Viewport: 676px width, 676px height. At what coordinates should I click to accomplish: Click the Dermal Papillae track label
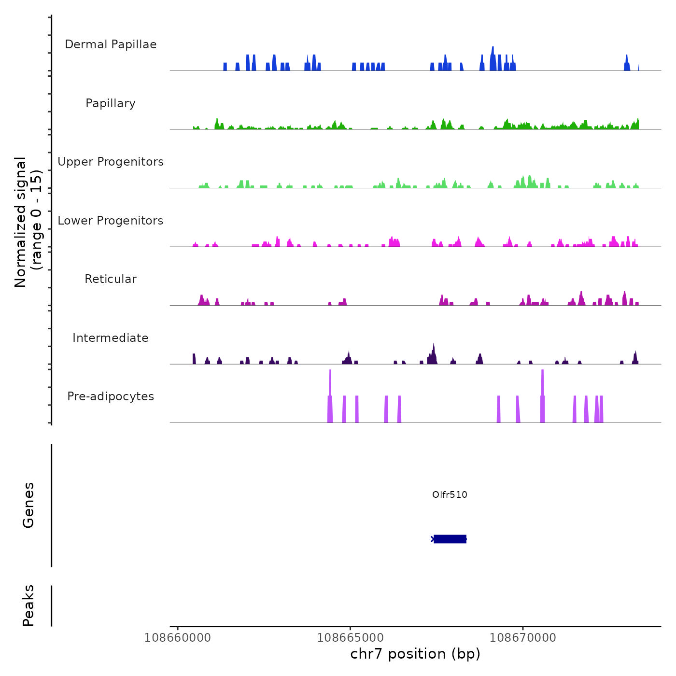point(111,44)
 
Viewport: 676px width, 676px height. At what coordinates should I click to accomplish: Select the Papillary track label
point(111,103)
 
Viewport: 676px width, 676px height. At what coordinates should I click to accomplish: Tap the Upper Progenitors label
point(111,162)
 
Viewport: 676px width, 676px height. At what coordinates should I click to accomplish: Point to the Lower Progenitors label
point(111,221)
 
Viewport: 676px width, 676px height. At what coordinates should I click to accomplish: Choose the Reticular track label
point(111,279)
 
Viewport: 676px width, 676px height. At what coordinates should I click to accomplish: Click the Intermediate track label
point(111,338)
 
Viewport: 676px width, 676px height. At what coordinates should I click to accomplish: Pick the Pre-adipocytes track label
point(111,396)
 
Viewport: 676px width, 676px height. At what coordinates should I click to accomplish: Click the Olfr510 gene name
point(450,494)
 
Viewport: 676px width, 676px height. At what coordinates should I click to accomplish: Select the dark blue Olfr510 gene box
point(450,539)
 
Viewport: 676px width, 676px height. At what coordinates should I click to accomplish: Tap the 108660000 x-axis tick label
point(178,638)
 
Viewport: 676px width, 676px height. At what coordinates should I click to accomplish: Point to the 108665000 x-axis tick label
point(350,638)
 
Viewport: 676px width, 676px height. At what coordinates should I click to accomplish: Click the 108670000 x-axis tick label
point(523,638)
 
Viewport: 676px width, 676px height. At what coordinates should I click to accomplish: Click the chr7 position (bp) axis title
point(415,654)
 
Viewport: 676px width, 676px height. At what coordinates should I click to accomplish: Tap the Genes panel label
point(28,505)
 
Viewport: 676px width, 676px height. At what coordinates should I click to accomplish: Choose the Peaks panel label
point(28,606)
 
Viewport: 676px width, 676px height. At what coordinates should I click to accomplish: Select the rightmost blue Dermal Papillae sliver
point(639,67)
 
